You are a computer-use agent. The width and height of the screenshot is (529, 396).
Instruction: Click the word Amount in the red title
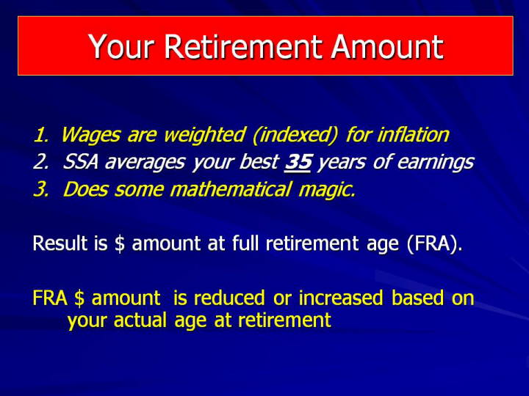point(386,46)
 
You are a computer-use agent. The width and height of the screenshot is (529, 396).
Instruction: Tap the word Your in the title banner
point(121,46)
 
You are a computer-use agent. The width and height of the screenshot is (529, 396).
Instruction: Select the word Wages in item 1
point(91,136)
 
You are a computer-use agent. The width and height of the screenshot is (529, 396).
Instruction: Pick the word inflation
point(413,134)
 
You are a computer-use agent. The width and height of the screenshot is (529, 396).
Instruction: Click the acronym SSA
point(80,162)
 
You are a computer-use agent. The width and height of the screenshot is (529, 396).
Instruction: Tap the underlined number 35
point(298,162)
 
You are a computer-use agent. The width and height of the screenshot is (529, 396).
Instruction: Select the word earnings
point(435,163)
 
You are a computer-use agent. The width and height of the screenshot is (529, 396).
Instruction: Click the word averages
point(145,162)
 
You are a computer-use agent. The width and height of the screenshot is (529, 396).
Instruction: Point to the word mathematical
point(230,189)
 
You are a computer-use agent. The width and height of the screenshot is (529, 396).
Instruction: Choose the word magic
point(327,190)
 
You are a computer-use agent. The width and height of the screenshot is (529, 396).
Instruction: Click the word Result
point(60,243)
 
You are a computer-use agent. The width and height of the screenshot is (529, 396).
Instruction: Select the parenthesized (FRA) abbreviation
point(434,243)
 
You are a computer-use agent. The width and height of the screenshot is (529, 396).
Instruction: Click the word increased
point(341,298)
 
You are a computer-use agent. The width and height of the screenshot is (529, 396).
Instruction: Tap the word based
point(417,298)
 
